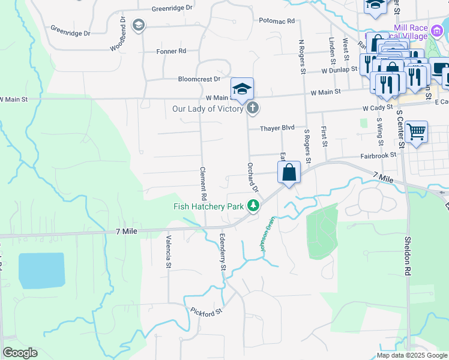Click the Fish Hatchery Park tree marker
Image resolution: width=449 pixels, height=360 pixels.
point(254,206)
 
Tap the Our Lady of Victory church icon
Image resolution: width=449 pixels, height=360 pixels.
point(253,109)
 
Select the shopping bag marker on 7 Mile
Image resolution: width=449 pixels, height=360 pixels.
point(289,172)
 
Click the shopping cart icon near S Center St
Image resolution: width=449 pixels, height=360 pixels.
point(416,130)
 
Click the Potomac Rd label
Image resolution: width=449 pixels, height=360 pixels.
point(277,21)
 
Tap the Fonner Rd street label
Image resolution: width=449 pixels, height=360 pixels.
point(171,52)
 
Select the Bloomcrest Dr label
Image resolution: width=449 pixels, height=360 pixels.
point(199,79)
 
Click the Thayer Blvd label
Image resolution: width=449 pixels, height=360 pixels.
point(277,128)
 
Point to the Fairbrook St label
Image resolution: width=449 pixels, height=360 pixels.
point(379,155)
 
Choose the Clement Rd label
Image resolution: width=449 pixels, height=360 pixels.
point(203,184)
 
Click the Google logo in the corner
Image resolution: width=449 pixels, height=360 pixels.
point(20,353)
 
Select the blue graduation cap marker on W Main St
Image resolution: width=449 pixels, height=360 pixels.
point(243,89)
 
